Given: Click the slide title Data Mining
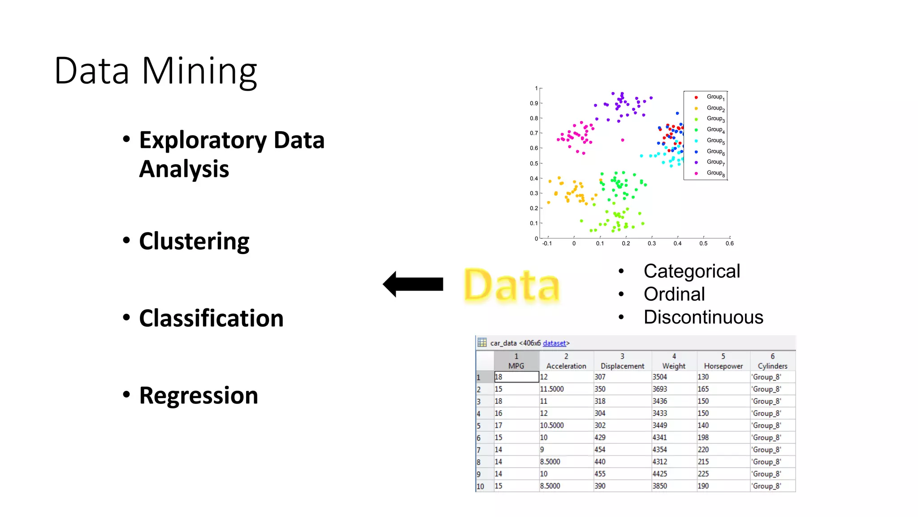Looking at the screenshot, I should coord(156,71).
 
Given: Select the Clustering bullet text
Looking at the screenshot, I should coord(194,241).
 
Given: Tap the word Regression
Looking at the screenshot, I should coord(198,396).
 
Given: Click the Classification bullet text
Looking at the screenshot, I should coord(211,319).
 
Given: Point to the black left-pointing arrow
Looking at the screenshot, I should coord(413,284).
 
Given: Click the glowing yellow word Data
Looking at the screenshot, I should coord(511,286).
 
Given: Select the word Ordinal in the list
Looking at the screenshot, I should coord(674,294).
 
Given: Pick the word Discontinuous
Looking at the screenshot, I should coord(703,317).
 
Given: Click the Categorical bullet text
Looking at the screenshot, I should coord(691,272).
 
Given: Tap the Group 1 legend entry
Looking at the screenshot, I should coord(714,97).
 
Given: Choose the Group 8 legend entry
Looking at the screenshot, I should coord(714,173).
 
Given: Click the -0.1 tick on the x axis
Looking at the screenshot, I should coord(547,244).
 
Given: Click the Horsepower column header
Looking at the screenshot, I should coord(723,366).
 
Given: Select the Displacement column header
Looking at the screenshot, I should coord(622,366).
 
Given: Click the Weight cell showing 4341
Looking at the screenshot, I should coord(659,438).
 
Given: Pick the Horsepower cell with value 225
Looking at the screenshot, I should coord(703,474).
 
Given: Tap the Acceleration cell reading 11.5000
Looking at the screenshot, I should coord(552,389).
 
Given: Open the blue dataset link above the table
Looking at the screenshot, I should coord(554,343).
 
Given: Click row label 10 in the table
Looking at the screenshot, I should coord(480,486).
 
